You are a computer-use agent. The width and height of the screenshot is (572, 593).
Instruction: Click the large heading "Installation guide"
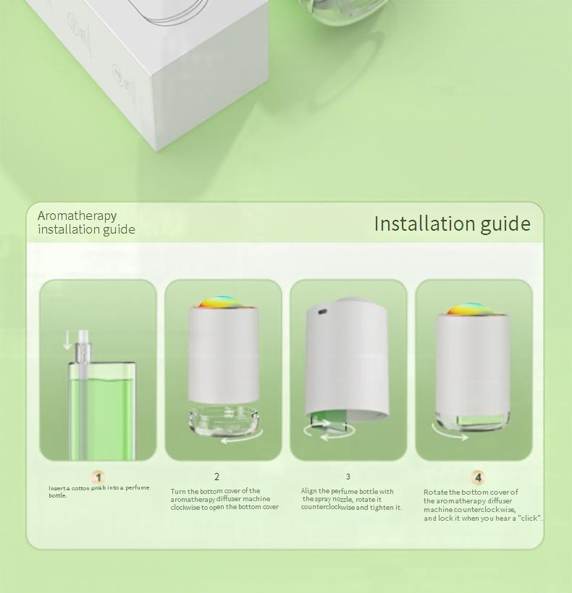pos(452,224)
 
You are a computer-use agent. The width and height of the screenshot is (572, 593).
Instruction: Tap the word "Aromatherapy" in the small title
pos(77,216)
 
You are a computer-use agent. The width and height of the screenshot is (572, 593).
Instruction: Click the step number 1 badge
pos(98,477)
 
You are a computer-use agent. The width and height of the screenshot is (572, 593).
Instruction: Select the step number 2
pos(217,477)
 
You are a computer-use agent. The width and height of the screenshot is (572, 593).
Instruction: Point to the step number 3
pos(348,477)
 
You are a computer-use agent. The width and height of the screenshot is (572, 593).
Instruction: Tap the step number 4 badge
pos(478,477)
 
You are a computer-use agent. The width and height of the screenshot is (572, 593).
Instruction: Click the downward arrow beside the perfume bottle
pos(67,341)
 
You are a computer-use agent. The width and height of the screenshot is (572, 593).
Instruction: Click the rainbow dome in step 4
pos(471,309)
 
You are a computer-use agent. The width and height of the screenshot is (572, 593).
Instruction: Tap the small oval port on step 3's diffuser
pos(322,312)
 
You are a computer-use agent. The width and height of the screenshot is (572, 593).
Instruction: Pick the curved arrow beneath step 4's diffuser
pos(450,433)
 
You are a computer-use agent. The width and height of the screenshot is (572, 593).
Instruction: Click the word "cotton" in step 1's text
pos(80,488)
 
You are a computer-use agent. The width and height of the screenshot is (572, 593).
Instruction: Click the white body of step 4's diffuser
pos(473,363)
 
